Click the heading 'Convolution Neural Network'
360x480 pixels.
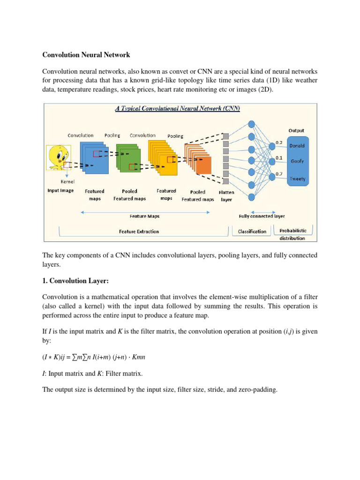[86, 55]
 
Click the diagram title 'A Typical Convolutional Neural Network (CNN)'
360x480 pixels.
[178, 108]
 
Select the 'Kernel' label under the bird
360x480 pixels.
[67, 181]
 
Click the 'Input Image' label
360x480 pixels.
[60, 191]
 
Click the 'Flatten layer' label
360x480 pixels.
[226, 195]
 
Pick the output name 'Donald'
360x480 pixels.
[297, 145]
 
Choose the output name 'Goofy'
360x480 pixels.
[297, 161]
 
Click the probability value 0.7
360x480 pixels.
[278, 173]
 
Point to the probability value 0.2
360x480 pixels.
[278, 142]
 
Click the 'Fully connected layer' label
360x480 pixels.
[262, 216]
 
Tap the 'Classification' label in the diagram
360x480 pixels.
[252, 231]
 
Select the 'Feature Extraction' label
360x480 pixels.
[139, 231]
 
